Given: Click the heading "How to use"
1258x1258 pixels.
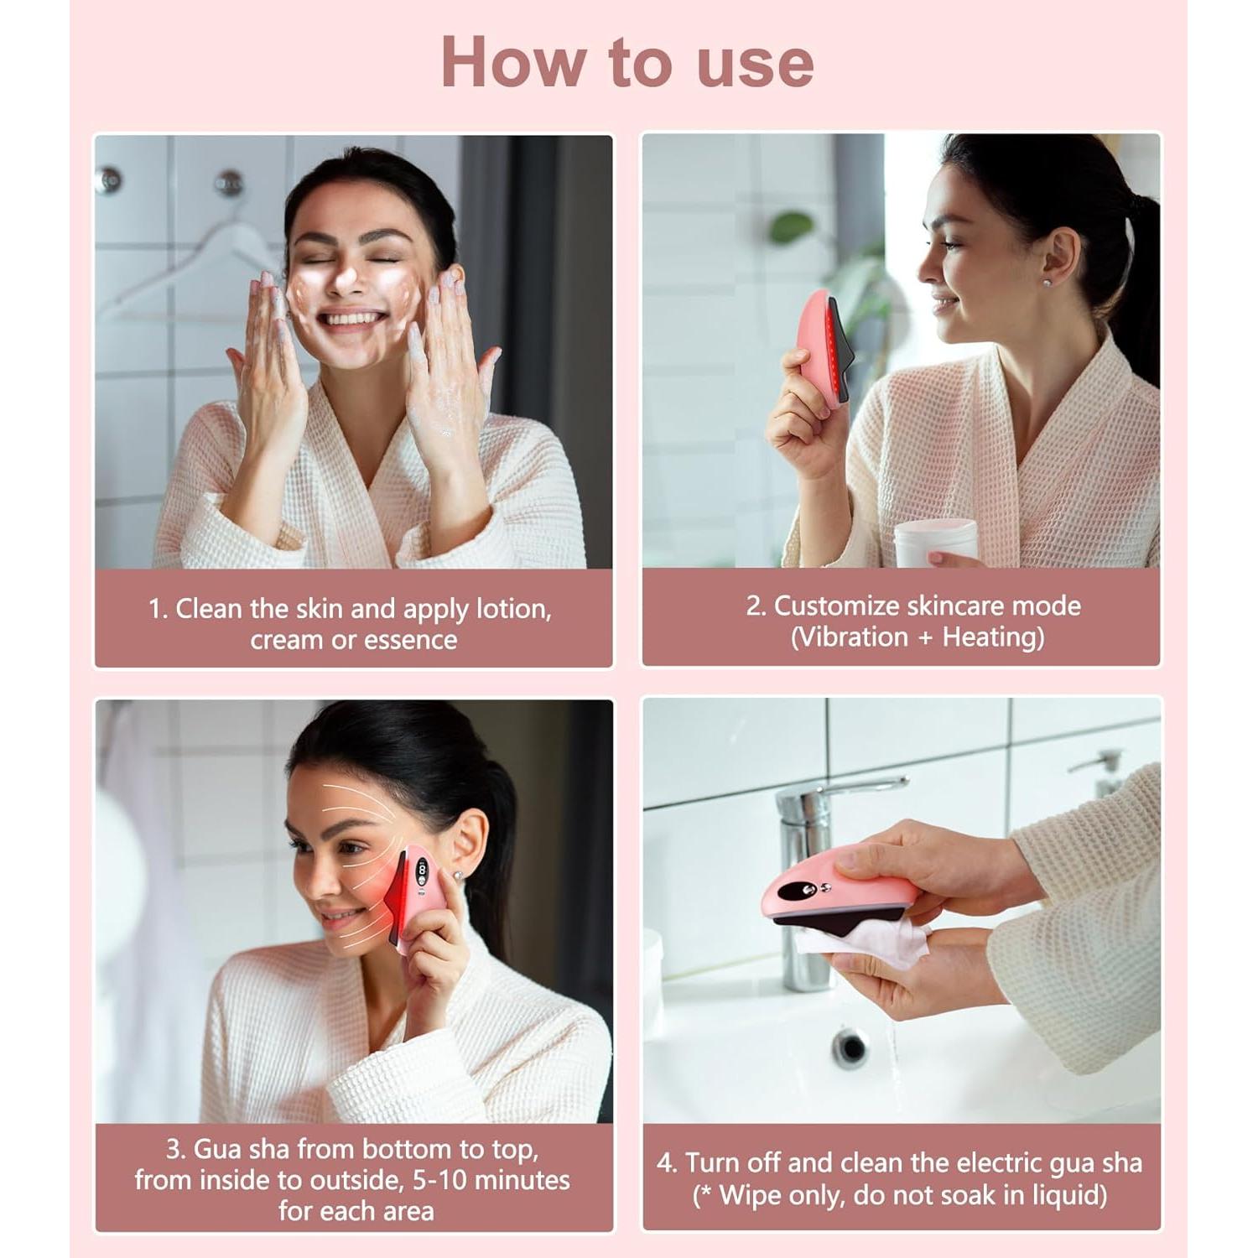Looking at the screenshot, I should click(x=627, y=62).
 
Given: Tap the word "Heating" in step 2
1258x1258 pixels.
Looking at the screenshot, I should click(x=992, y=637).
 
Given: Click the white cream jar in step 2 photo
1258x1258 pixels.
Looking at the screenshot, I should click(x=934, y=542).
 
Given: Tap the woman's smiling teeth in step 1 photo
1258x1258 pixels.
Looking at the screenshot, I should click(x=352, y=320).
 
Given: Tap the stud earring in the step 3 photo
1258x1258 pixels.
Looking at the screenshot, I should click(x=458, y=875).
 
